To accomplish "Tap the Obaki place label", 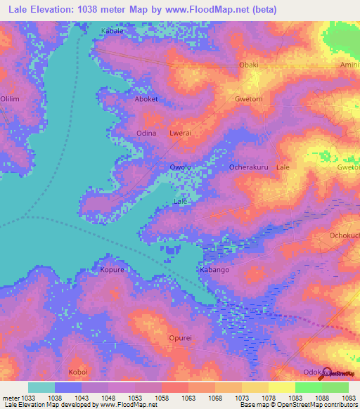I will click(249, 65).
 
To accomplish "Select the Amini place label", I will click(349, 65).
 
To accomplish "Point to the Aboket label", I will click(146, 99).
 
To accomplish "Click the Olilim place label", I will click(10, 99).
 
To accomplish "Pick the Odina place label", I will click(146, 133).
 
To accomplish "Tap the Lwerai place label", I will click(181, 133).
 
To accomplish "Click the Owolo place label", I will click(181, 167).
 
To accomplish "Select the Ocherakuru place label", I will click(249, 167).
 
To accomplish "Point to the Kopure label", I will click(112, 270).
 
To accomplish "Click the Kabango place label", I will click(214, 270).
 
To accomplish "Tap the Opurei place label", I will click(181, 338).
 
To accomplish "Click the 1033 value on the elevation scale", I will click(28, 398).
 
